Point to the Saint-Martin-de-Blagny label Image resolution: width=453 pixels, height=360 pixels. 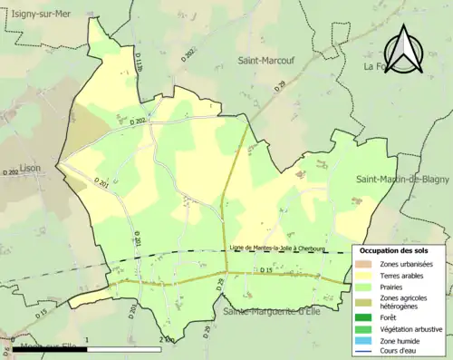tap(403, 180)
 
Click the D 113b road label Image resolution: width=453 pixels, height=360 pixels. tap(139, 62)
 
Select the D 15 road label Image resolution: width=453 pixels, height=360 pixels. tap(265, 271)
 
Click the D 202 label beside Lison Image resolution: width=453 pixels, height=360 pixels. tap(10, 172)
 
